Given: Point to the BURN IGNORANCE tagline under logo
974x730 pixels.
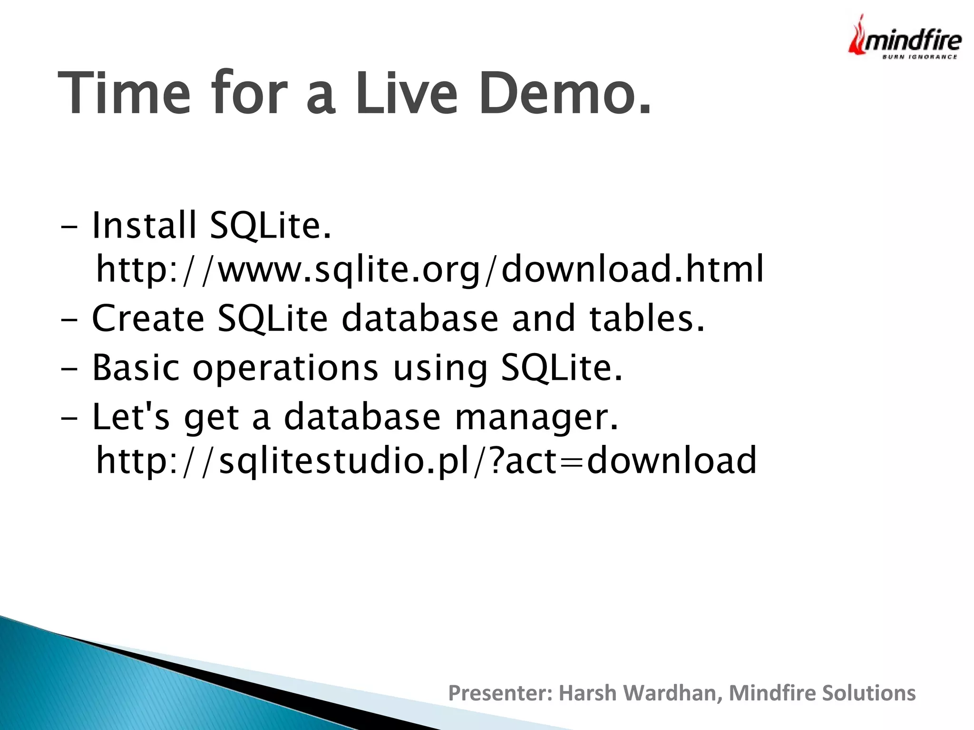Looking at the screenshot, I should (x=919, y=57).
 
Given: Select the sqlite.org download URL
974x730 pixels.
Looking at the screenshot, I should (x=429, y=269).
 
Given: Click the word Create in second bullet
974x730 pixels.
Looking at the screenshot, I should (x=148, y=318).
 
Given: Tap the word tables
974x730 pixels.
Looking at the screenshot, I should (x=646, y=318).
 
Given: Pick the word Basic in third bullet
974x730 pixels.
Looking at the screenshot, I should (x=136, y=367).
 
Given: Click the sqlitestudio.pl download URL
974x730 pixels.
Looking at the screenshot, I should (x=426, y=460).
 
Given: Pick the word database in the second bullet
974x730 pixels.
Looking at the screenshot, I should (x=420, y=318).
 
